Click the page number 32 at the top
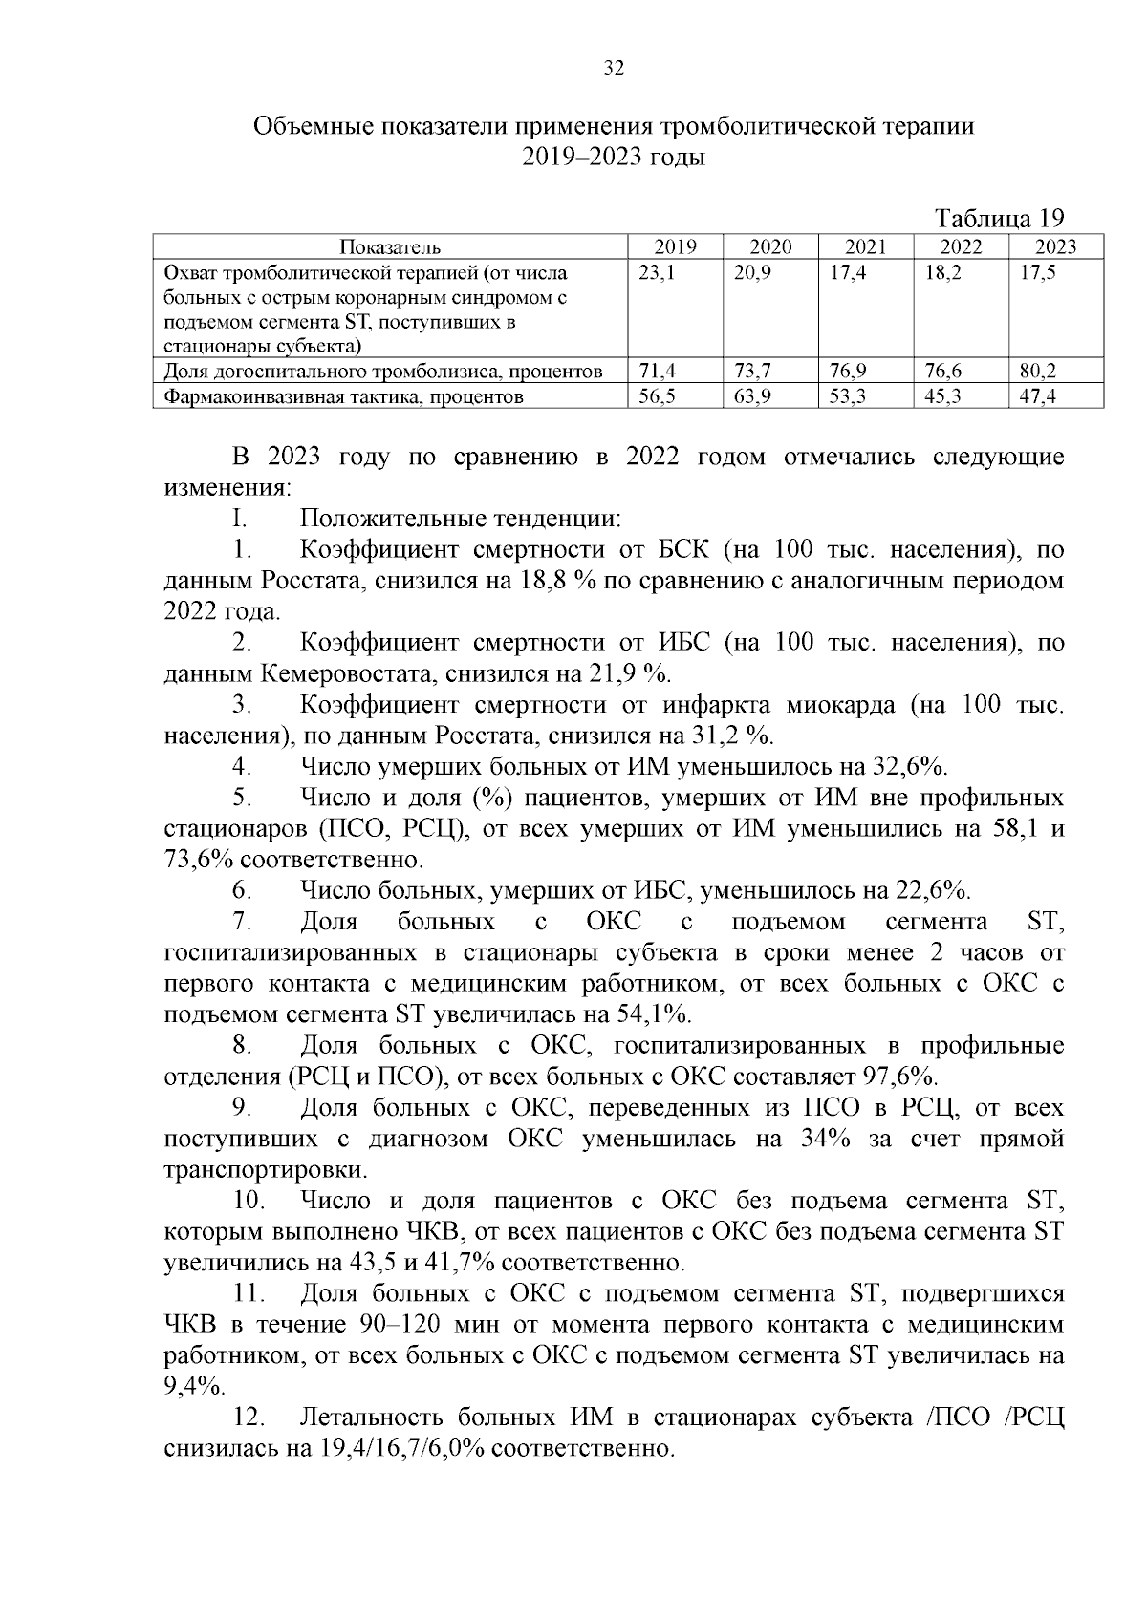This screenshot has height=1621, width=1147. pos(614,68)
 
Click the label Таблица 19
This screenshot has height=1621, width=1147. pos(999,218)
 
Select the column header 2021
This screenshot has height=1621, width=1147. pos(866,246)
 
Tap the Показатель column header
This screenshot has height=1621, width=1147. pos(390,246)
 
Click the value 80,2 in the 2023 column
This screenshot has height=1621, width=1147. pos(1037,371)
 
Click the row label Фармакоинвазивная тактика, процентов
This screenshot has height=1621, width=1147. pos(344,396)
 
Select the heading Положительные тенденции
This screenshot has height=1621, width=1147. pos(461,520)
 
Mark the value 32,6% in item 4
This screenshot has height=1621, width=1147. pos(909,766)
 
